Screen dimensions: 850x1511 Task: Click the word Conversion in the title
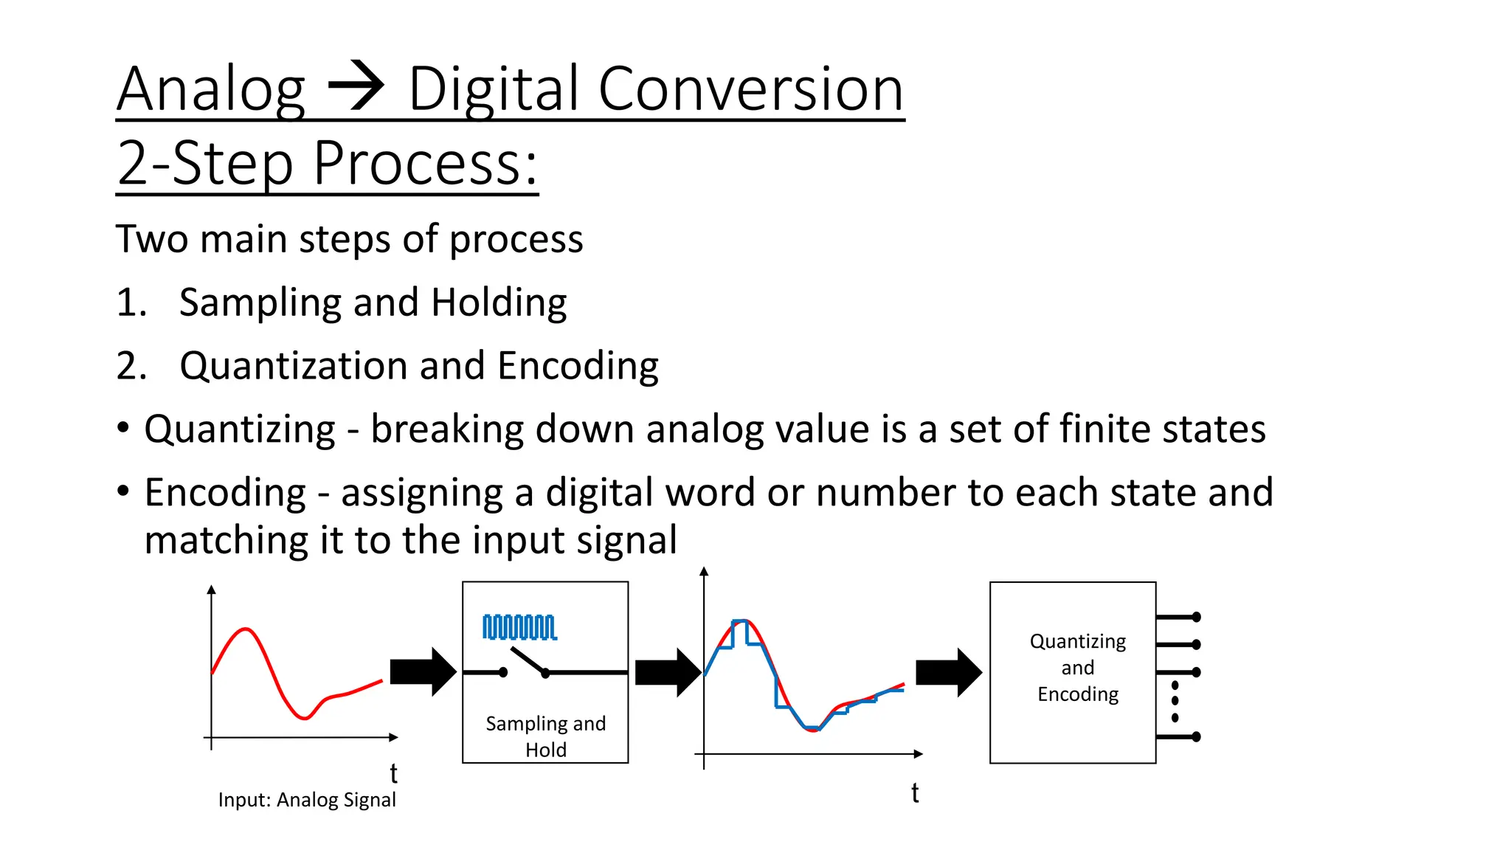pyautogui.click(x=750, y=89)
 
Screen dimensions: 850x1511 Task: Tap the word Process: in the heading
pyautogui.click(x=425, y=163)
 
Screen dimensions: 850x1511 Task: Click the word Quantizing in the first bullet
pyautogui.click(x=240, y=429)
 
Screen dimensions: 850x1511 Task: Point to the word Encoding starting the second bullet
pyautogui.click(x=225, y=493)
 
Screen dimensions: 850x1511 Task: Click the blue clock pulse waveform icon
pyautogui.click(x=519, y=627)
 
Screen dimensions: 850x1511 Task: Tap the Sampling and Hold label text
pyautogui.click(x=545, y=736)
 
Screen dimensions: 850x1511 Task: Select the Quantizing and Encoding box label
pyautogui.click(x=1077, y=668)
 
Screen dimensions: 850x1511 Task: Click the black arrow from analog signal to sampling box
pyautogui.click(x=423, y=671)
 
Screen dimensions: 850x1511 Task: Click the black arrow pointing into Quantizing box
pyautogui.click(x=948, y=672)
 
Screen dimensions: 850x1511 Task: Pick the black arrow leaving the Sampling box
pyautogui.click(x=667, y=672)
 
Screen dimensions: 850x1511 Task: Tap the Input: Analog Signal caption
pyautogui.click(x=307, y=800)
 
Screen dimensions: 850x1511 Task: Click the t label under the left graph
pyautogui.click(x=394, y=773)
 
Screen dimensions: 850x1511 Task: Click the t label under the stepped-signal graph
pyautogui.click(x=915, y=793)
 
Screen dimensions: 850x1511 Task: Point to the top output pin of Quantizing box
pyautogui.click(x=1178, y=617)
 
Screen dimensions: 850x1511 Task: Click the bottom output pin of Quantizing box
pyautogui.click(x=1178, y=736)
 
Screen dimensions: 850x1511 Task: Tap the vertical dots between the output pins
pyautogui.click(x=1175, y=702)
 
